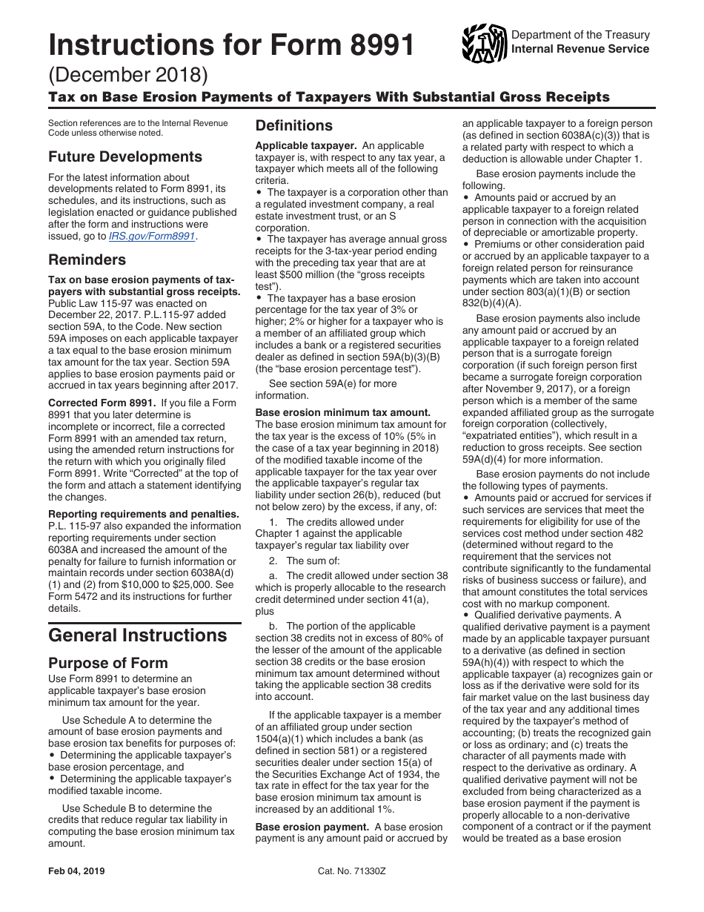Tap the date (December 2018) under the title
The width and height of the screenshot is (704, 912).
128,76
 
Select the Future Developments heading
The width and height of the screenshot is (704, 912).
124,157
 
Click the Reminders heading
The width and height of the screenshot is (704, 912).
87,260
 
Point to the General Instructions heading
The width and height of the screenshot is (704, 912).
137,635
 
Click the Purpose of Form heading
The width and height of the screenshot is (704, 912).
108,663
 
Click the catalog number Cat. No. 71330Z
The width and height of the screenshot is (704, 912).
351,871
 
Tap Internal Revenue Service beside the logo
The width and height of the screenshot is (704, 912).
580,49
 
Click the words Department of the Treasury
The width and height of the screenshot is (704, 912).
580,35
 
